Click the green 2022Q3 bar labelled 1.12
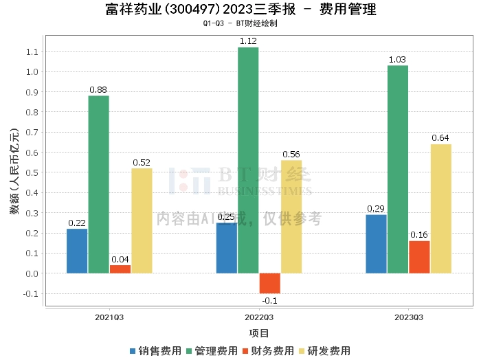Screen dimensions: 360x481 click(x=248, y=160)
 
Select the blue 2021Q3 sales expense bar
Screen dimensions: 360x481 click(x=77, y=251)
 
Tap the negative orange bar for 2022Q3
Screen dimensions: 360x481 click(x=269, y=283)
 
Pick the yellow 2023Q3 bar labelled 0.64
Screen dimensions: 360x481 click(x=440, y=209)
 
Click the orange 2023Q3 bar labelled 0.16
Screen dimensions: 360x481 click(x=419, y=257)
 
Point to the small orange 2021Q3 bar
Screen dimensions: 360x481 click(x=120, y=269)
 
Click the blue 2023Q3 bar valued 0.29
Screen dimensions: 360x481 click(x=376, y=244)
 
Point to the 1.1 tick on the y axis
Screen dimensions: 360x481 click(x=32, y=52)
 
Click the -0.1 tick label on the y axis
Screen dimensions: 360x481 click(x=30, y=294)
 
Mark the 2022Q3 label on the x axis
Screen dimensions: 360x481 click(x=259, y=317)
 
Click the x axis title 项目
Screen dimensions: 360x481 click(x=259, y=333)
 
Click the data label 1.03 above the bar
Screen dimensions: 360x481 click(x=398, y=60)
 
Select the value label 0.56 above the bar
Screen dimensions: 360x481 click(x=291, y=155)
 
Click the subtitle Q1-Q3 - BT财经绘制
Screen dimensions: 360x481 click(x=240, y=23)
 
